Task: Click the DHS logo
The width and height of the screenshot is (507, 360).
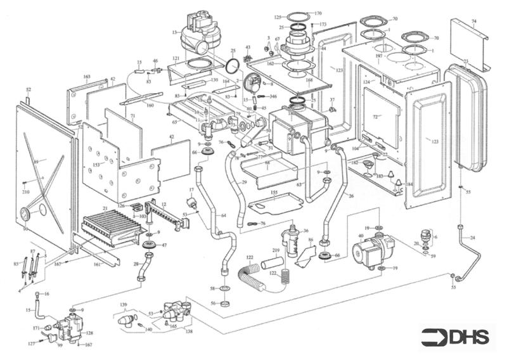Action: pyautogui.click(x=456, y=337)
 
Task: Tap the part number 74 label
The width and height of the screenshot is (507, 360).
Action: pyautogui.click(x=473, y=21)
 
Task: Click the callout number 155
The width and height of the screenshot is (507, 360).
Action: pyautogui.click(x=274, y=191)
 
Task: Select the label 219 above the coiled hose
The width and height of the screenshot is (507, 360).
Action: pyautogui.click(x=276, y=252)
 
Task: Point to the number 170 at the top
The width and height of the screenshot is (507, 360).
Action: pyautogui.click(x=318, y=13)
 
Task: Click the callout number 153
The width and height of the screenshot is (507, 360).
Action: pyautogui.click(x=96, y=164)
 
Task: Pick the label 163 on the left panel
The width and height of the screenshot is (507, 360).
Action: pyautogui.click(x=87, y=77)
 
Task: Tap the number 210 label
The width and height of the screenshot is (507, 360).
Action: pyautogui.click(x=26, y=191)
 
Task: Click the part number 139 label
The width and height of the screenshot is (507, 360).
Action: pyautogui.click(x=124, y=305)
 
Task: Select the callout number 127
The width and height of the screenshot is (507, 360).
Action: pyautogui.click(x=31, y=344)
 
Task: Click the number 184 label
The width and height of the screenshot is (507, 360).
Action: pyautogui.click(x=408, y=184)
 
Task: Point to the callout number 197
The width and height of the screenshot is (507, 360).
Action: pyautogui.click(x=378, y=56)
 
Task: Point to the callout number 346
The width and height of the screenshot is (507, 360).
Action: pyautogui.click(x=273, y=96)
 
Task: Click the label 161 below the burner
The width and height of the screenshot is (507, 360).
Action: pyautogui.click(x=96, y=264)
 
